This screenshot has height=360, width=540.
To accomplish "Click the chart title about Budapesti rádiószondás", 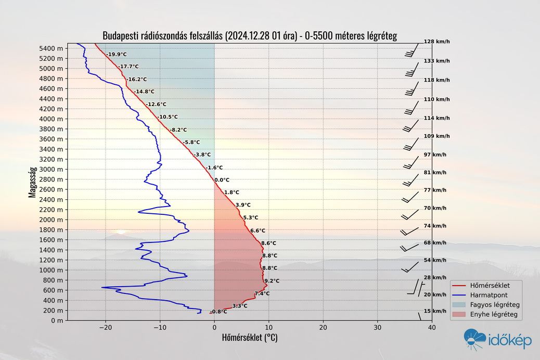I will click(x=250, y=36).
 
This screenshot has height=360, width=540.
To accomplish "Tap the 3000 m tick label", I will click(x=52, y=169).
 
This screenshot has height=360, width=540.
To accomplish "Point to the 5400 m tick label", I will click(x=52, y=48).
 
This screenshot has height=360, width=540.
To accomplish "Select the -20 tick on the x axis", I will click(x=106, y=328).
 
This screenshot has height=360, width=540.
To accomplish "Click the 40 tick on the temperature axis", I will click(x=431, y=328).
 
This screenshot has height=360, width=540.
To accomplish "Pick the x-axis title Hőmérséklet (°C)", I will click(x=249, y=338).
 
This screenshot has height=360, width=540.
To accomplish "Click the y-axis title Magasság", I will click(x=32, y=182).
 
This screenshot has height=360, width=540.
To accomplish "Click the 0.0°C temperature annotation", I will click(x=222, y=180).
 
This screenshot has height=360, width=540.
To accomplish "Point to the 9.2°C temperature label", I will click(x=272, y=281).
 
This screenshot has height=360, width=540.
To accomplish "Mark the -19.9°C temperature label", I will click(x=116, y=54).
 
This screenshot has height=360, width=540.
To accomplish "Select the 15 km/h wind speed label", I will click(x=435, y=311).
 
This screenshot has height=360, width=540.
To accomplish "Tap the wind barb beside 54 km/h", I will click(x=410, y=267).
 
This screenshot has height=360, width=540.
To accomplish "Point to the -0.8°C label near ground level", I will click(x=218, y=312).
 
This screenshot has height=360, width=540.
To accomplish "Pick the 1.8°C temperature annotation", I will click(x=232, y=192).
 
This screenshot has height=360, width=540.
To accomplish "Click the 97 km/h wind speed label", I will click(x=435, y=155).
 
